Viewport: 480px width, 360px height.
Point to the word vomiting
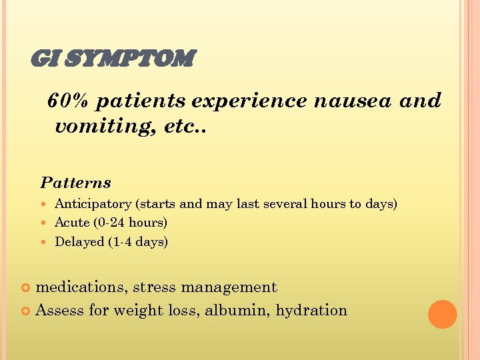[97, 126]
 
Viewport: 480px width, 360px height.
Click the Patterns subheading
[75, 183]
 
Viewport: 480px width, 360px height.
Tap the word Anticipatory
[93, 204]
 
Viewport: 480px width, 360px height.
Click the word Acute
[72, 223]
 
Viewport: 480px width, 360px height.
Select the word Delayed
[79, 242]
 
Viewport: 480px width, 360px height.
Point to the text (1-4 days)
[138, 242]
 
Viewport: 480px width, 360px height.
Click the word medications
[81, 287]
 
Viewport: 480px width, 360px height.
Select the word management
[230, 288]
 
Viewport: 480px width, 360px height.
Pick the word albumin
[239, 310]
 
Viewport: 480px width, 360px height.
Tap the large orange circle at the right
[442, 315]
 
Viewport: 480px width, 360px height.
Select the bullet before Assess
[27, 311]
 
